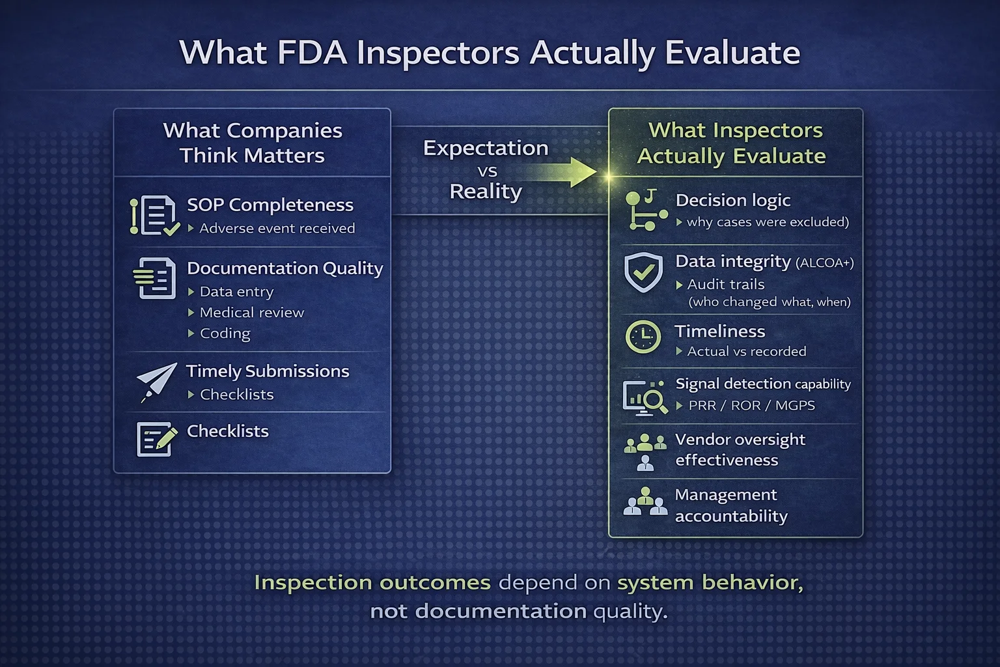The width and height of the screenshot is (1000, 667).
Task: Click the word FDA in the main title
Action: [312, 53]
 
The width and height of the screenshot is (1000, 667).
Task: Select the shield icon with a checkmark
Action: [643, 272]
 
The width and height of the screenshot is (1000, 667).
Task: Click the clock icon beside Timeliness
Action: [643, 337]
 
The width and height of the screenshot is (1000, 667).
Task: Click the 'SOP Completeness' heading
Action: [270, 205]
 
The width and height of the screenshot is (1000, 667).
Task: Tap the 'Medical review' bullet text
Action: [252, 312]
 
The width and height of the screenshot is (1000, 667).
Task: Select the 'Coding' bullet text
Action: [225, 333]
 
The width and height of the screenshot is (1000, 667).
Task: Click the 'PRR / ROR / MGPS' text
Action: [752, 405]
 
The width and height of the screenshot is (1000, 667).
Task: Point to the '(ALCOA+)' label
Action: [825, 263]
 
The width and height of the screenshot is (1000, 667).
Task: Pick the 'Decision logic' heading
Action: [732, 200]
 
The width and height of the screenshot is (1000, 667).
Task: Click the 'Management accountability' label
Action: [731, 505]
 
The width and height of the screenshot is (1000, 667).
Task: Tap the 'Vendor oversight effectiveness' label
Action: [740, 449]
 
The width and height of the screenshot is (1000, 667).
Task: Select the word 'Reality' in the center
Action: [486, 192]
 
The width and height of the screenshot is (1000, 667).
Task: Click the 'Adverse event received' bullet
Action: [277, 228]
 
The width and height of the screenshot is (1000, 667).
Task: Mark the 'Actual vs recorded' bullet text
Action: [747, 352]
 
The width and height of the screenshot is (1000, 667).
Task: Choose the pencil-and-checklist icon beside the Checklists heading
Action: [156, 439]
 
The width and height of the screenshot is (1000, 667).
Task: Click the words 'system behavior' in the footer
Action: [710, 582]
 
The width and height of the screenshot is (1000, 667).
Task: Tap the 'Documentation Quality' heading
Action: [285, 268]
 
